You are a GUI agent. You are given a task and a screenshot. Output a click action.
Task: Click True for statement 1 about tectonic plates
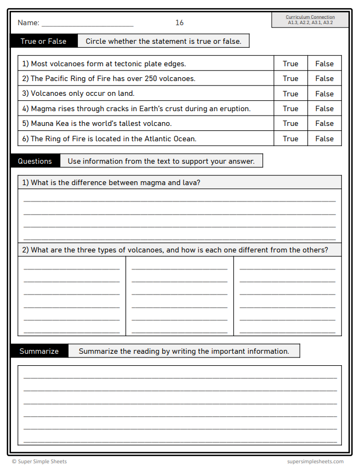[x=290, y=64]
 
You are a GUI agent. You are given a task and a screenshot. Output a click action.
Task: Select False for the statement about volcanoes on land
[x=324, y=94]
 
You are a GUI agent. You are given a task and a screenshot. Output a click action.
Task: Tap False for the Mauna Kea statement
[x=324, y=124]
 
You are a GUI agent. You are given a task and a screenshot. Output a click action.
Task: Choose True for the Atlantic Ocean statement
[x=290, y=139]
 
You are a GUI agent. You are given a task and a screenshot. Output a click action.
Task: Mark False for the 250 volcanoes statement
[x=324, y=79]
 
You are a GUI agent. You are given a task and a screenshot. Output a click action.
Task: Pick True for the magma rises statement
[x=290, y=109]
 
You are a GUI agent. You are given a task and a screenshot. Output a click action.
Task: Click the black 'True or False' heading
[x=43, y=41]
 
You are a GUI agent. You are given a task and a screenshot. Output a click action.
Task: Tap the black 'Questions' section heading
[x=35, y=161]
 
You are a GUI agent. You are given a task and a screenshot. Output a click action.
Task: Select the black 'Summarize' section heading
[x=39, y=351]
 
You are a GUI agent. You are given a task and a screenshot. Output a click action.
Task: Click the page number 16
[x=180, y=23]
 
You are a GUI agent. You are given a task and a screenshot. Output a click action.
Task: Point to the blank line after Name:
[x=87, y=25]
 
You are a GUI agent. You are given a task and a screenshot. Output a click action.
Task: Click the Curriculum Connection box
[x=310, y=20]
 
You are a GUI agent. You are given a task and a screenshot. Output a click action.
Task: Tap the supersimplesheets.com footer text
[x=315, y=462]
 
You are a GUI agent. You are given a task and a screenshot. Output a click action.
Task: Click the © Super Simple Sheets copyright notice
[x=39, y=462]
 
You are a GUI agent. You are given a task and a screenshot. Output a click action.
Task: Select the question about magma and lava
[x=116, y=182]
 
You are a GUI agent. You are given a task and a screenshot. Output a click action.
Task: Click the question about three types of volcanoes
[x=179, y=250]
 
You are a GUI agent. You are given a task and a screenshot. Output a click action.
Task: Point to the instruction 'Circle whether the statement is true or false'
[x=163, y=41]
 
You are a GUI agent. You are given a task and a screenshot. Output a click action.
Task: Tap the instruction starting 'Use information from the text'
[x=161, y=161]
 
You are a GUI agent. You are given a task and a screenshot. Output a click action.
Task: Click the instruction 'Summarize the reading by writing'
[x=184, y=351]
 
